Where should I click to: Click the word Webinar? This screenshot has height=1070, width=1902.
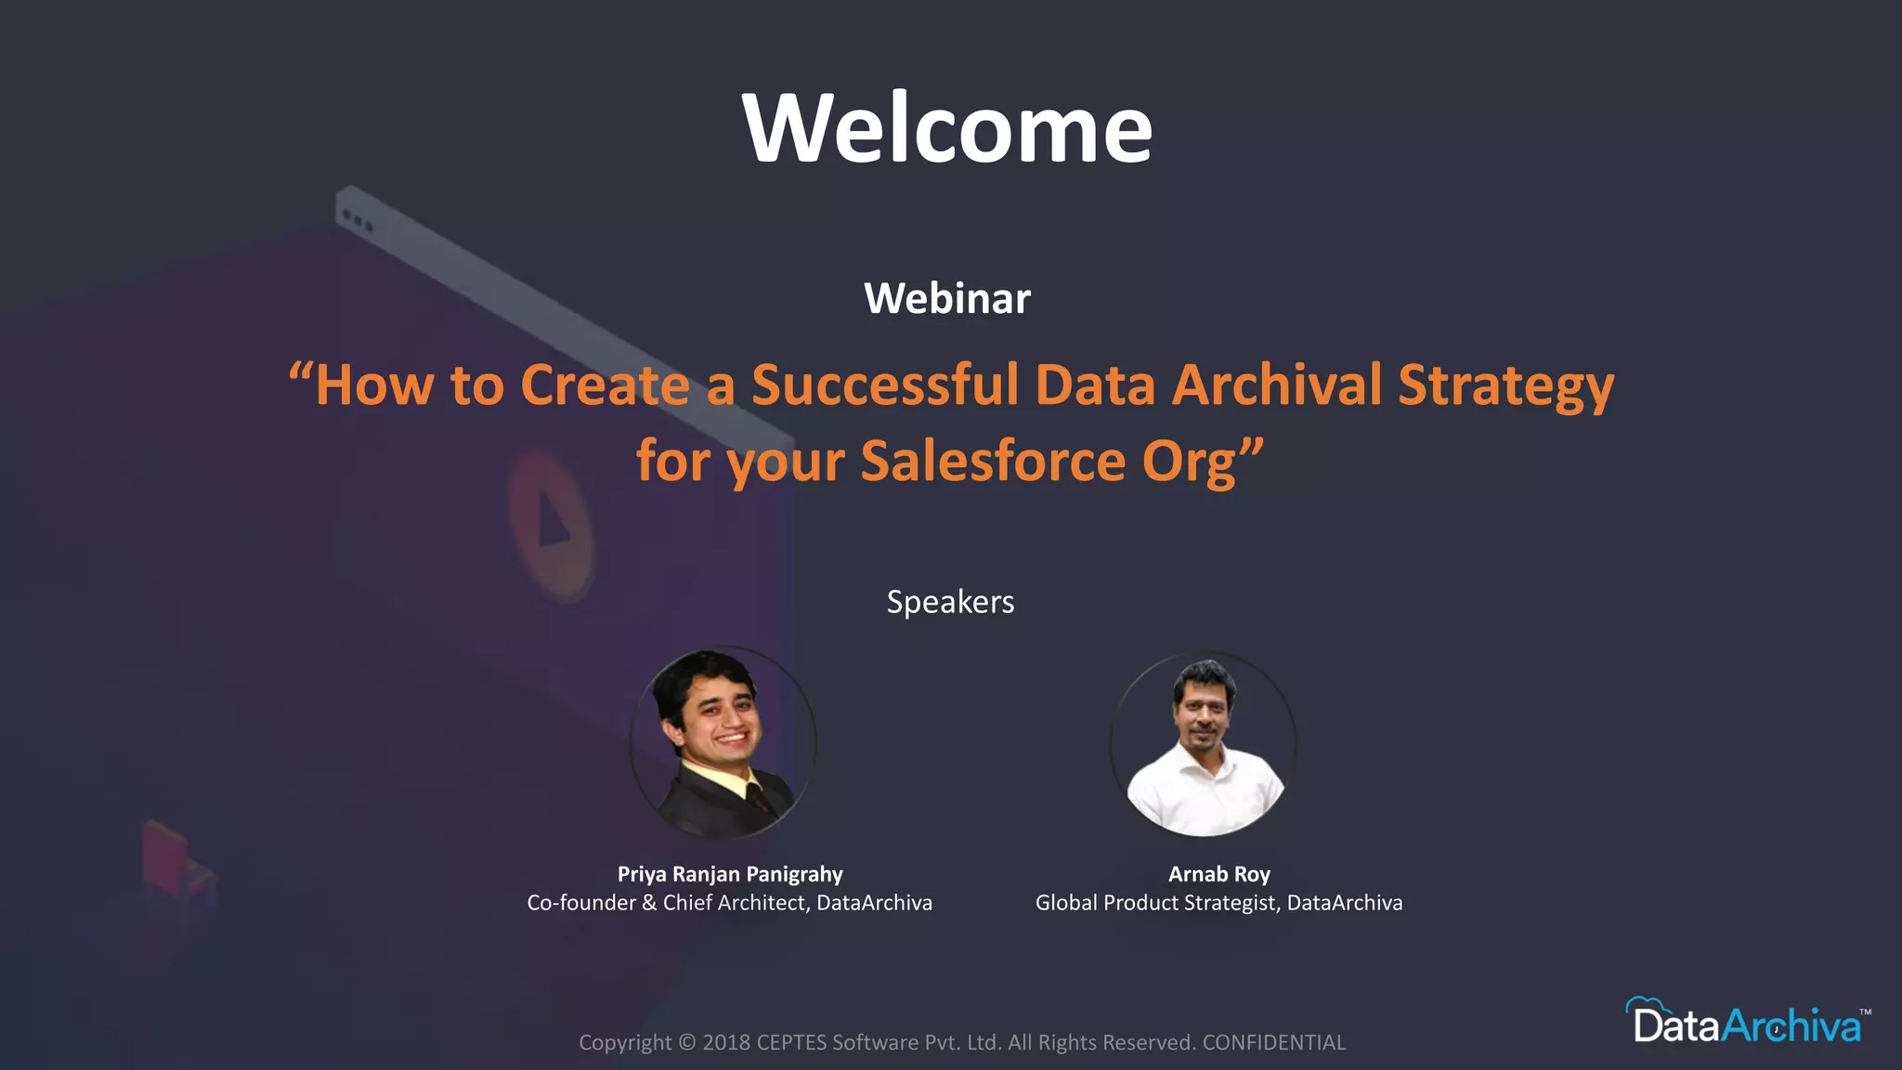pyautogui.click(x=947, y=298)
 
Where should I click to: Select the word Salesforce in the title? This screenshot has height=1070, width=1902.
pyautogui.click(x=993, y=461)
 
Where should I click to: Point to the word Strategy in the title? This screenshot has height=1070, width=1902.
pyautogui.click(x=1505, y=385)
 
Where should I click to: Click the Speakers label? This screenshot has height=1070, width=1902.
pyautogui.click(x=950, y=602)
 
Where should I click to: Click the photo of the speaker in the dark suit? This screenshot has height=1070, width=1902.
pyautogui.click(x=723, y=742)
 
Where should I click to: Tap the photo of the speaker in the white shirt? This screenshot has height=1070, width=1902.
pyautogui.click(x=1204, y=745)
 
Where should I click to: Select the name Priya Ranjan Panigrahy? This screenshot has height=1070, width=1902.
pyautogui.click(x=730, y=874)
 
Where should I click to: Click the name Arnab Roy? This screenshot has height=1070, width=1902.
pyautogui.click(x=1218, y=874)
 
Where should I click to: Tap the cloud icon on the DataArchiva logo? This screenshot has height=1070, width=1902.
pyautogui.click(x=1647, y=1008)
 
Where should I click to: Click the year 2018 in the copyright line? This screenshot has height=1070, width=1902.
pyautogui.click(x=726, y=1042)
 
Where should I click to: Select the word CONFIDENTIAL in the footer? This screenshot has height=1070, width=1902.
pyautogui.click(x=1273, y=1042)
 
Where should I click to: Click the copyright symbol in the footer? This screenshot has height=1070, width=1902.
pyautogui.click(x=686, y=1042)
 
